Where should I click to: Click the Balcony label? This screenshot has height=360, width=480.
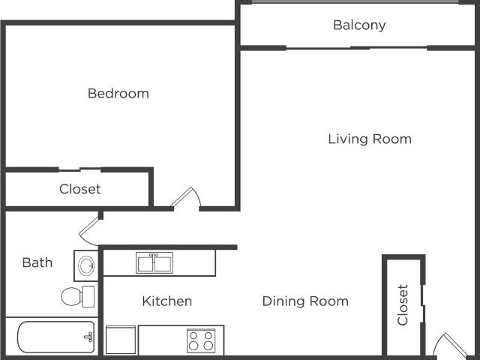359,25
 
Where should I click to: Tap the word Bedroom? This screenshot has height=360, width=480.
118,93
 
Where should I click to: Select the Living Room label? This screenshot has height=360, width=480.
370,139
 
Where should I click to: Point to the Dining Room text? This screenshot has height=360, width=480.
305,301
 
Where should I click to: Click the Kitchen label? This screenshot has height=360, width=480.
167,301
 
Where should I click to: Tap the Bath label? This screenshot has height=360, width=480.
37,262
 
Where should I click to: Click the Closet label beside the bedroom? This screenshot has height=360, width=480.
80,189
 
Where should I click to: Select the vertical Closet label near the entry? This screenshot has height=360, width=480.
403,304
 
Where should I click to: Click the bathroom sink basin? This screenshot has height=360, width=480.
86,265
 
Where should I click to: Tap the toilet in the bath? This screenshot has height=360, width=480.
78,296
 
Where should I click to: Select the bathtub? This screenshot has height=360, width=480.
55,337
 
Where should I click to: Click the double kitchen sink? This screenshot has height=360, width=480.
154,263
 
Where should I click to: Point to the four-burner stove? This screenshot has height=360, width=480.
201,340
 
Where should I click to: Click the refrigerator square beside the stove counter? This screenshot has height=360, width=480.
121,340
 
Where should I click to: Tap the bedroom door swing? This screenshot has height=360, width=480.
186,197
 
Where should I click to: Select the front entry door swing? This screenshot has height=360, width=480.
451,345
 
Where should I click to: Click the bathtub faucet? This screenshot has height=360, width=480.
88,337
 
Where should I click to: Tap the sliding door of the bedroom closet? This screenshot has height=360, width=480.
79,169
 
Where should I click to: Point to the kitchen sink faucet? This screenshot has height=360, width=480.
154,256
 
